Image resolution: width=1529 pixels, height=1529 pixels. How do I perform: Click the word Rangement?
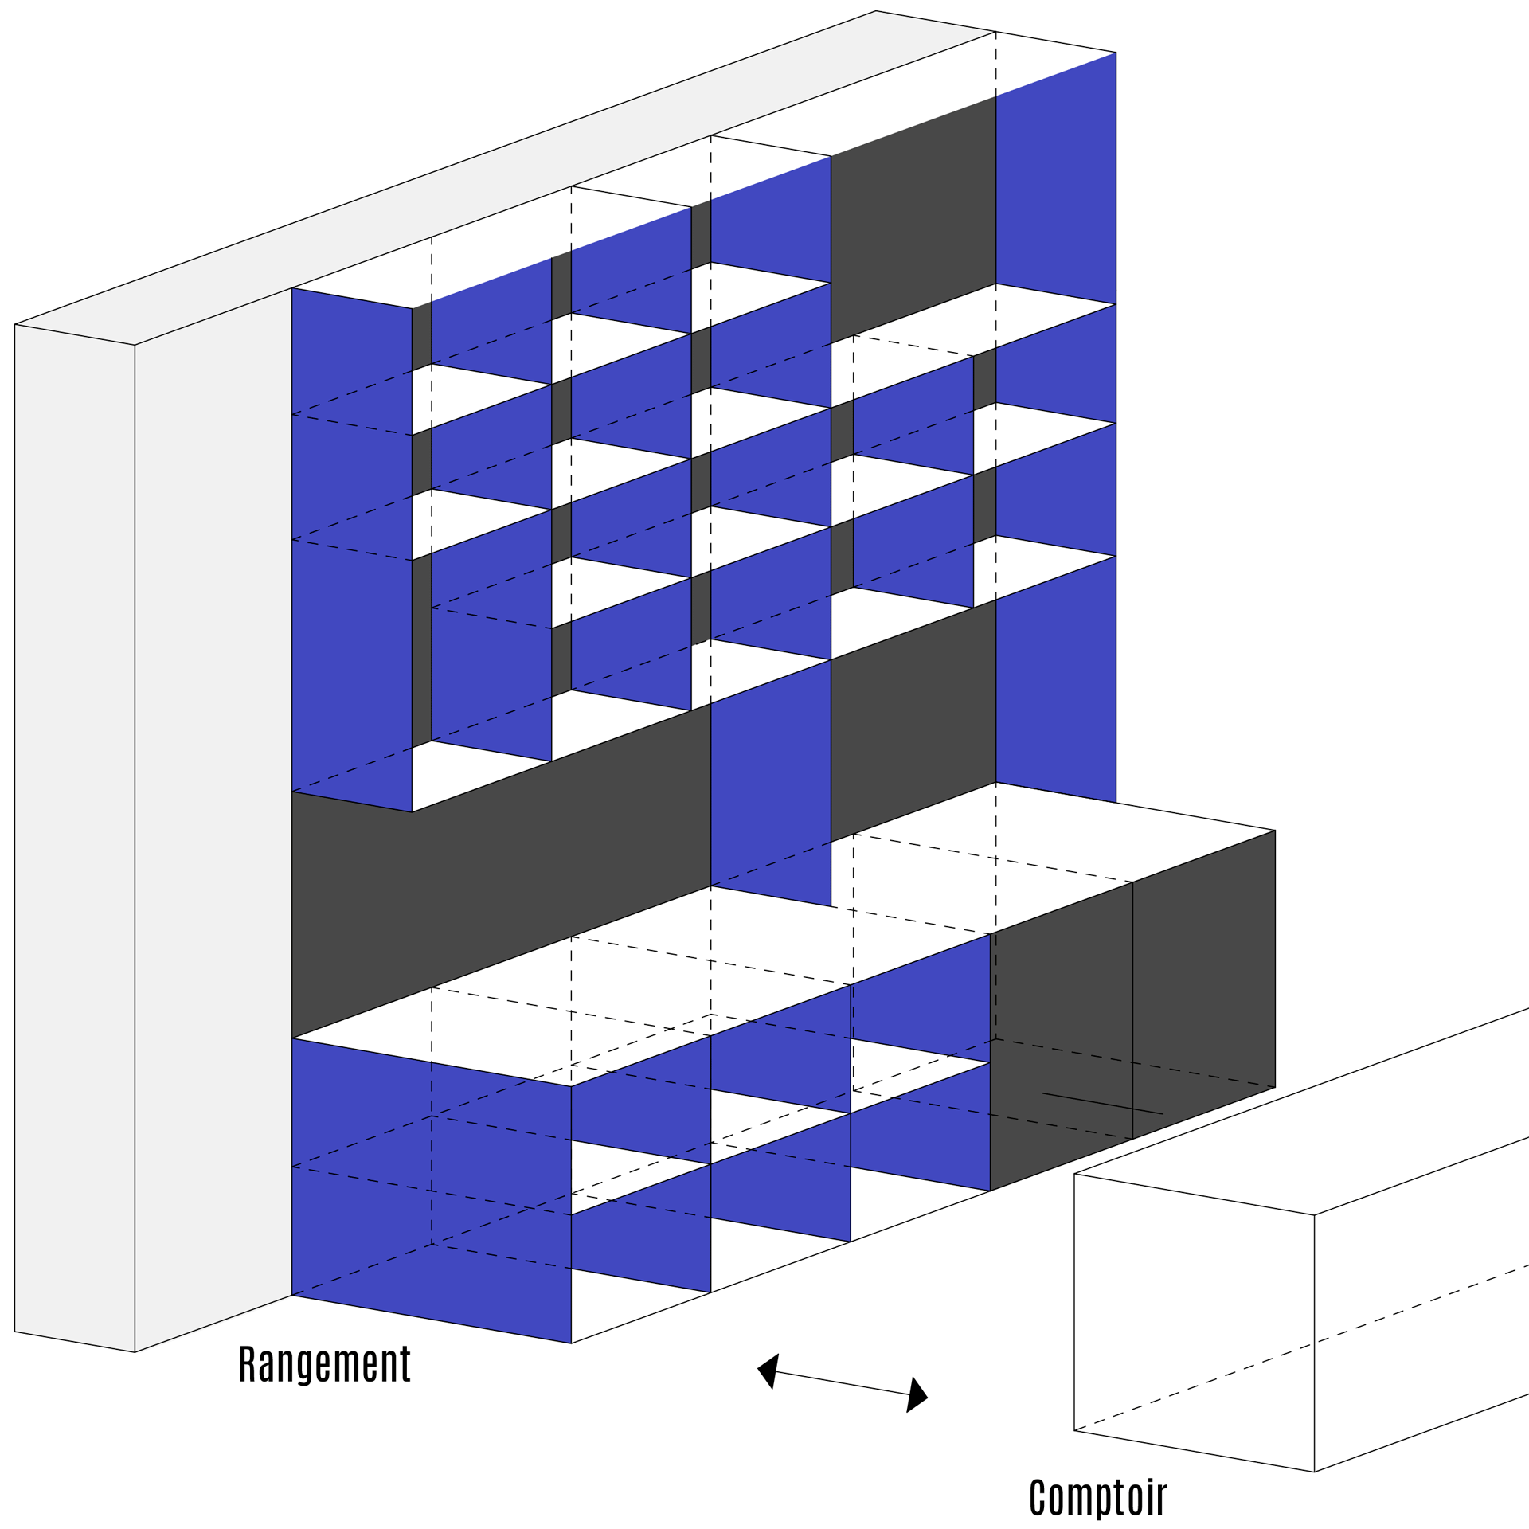pos(325,1364)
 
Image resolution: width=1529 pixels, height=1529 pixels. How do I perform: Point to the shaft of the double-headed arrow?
pos(843,1383)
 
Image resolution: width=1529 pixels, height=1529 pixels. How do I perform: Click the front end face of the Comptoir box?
pos(1194,1323)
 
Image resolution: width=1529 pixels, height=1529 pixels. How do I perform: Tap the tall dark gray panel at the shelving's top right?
pos(913,219)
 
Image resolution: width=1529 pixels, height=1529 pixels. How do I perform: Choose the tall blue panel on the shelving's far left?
pos(352,549)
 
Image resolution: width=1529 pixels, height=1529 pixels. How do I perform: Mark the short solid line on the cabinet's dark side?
pos(1102,1103)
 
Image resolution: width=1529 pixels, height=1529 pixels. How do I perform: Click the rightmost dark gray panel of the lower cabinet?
pos(1203,984)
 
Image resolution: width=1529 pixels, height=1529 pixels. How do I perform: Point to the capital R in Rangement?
pos(247,1363)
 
